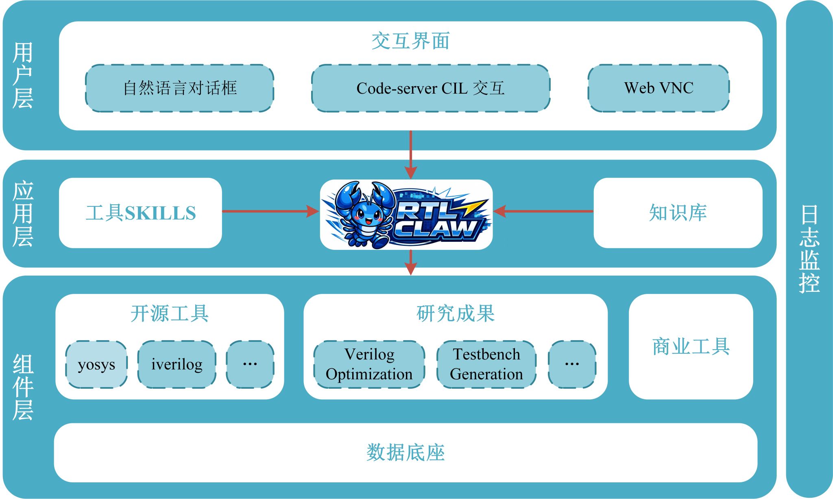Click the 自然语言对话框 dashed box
179,88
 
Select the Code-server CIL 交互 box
430,88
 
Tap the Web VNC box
659,88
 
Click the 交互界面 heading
410,41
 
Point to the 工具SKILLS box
140,213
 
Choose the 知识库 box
678,213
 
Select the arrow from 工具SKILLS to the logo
270,211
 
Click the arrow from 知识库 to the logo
543,211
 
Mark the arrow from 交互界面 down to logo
411,155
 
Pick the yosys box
96,364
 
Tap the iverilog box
177,364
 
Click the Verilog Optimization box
369,364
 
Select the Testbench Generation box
486,364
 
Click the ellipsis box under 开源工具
250,364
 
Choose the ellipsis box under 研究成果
572,364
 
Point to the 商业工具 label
691,347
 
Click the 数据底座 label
406,453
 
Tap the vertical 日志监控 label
809,249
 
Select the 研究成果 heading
456,314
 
